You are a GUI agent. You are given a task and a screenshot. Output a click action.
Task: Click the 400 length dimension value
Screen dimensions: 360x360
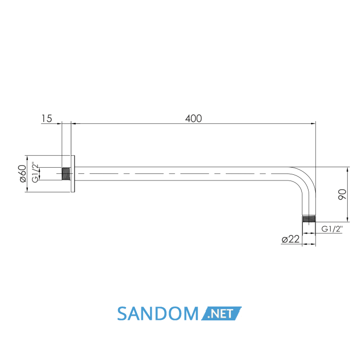193,118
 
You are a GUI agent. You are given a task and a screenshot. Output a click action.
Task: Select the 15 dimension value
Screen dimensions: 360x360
47,118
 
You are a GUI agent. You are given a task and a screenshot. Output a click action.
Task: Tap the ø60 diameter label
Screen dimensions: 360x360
23,174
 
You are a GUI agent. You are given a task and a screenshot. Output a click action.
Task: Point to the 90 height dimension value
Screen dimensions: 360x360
342,194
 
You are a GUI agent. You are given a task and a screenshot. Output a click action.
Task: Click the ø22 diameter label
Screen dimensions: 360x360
291,239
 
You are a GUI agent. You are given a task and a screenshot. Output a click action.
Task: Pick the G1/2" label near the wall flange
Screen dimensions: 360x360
35,173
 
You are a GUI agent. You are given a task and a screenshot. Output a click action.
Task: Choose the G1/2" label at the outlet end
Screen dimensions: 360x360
332,229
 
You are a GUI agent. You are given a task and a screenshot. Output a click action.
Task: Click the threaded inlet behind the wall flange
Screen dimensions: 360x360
66,174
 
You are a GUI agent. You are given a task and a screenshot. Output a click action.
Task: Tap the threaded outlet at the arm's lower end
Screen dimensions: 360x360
309,219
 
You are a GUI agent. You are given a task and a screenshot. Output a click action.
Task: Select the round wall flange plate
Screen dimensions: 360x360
73,174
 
